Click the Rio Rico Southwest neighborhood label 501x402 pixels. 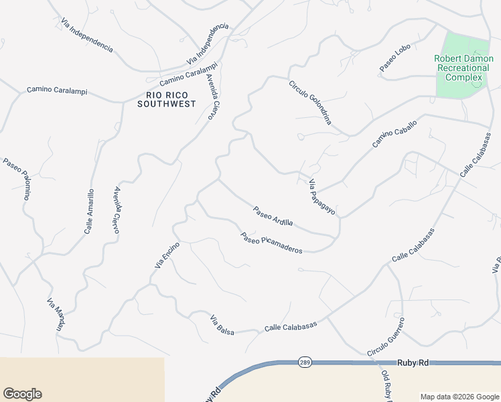pos(166,99)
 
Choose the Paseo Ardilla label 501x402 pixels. pos(273,216)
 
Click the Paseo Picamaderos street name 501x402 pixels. pos(272,243)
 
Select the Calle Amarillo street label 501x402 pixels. pos(89,212)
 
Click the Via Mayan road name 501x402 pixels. pos(56,316)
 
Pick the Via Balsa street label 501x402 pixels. pos(222,324)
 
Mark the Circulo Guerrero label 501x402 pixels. pos(386,336)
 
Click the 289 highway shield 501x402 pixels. pos(304,362)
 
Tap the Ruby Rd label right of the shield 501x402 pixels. pos(413,362)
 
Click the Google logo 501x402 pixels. pos(22,394)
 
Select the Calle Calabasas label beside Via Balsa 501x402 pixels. pos(291,326)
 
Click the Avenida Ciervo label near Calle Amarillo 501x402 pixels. pos(117,210)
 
